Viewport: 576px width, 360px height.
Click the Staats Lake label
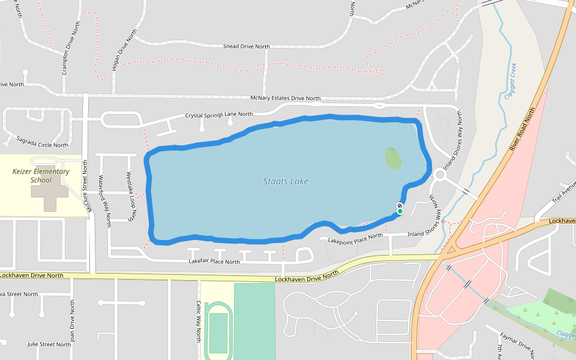tap(286, 181)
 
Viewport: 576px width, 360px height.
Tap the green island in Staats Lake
tap(393, 158)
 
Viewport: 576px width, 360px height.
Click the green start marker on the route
tap(400, 211)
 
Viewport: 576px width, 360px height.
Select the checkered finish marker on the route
tap(400, 206)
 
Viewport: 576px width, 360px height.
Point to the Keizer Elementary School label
tap(41, 175)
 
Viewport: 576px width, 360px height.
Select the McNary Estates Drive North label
tap(285, 98)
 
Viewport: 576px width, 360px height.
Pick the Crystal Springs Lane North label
tap(218, 114)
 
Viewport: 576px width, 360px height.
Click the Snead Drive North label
tap(246, 46)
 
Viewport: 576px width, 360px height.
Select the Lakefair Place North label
tap(214, 262)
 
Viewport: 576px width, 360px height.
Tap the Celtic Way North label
tap(199, 321)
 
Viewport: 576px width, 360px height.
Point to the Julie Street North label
tap(49, 344)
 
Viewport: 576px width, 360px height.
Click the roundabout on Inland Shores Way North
tap(441, 175)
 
